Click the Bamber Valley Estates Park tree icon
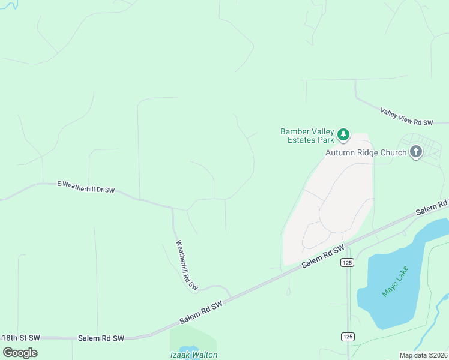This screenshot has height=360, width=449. click(343, 135)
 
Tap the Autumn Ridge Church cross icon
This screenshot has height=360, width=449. click(416, 152)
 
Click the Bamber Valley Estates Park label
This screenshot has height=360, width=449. click(307, 136)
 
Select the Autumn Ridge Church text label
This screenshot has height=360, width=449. click(366, 152)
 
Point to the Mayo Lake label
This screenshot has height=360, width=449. click(394, 281)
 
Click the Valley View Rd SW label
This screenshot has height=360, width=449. click(406, 116)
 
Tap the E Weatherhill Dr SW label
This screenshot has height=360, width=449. click(86, 187)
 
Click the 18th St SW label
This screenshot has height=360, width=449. click(20, 338)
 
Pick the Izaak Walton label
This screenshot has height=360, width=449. click(193, 355)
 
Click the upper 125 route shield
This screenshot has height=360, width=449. click(347, 262)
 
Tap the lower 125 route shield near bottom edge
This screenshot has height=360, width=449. click(348, 337)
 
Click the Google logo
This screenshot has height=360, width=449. click(20, 352)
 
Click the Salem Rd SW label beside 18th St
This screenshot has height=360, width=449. click(101, 338)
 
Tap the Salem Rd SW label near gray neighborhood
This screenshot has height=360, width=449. click(323, 256)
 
